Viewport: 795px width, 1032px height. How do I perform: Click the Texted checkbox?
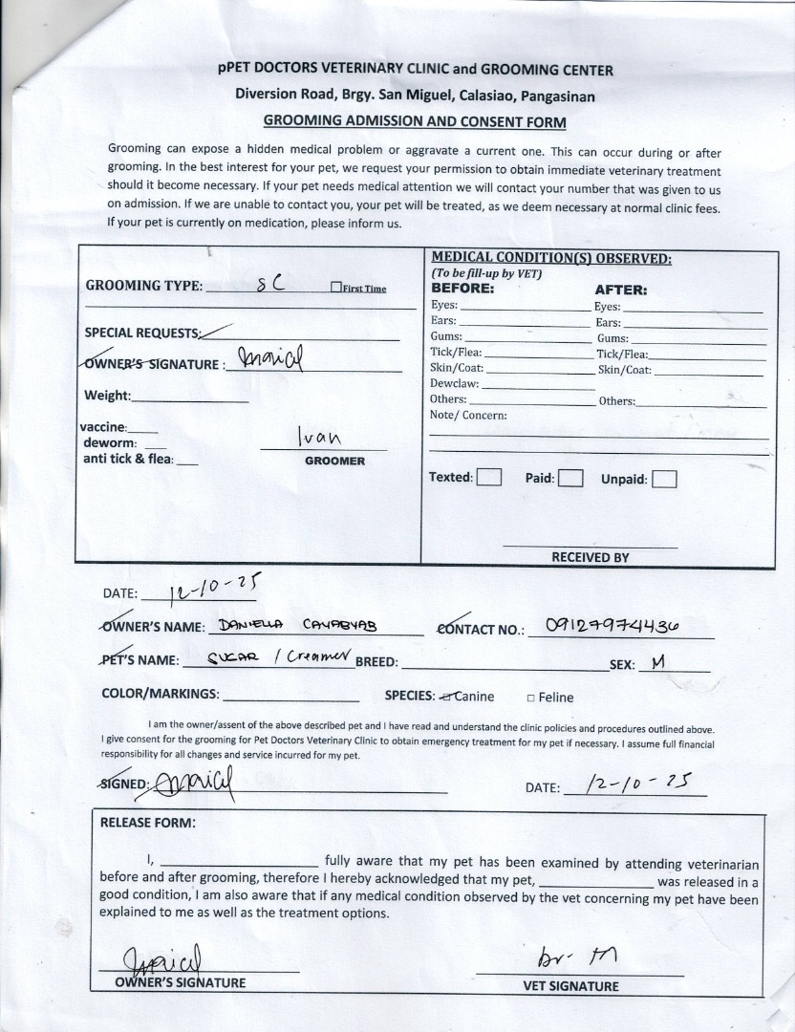pos(489,477)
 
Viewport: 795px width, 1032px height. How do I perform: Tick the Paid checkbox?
pos(570,478)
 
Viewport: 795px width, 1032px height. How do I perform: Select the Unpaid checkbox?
pos(665,479)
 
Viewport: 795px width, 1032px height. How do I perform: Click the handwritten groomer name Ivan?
pos(319,437)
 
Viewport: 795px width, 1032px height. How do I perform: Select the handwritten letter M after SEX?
pos(656,661)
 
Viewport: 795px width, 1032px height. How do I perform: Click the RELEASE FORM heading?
pos(147,823)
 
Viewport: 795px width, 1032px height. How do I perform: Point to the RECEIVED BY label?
pos(590,557)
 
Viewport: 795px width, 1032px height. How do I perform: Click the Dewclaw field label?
pos(454,383)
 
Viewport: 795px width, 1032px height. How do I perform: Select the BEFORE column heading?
pos(462,288)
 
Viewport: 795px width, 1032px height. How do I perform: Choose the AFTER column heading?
pos(620,290)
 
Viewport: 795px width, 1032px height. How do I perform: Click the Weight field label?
pos(107,396)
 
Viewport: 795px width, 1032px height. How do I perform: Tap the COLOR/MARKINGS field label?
pos(160,695)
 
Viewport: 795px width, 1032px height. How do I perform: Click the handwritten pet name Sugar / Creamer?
pos(267,659)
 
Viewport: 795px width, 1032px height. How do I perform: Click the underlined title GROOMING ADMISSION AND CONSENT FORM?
pos(415,122)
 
